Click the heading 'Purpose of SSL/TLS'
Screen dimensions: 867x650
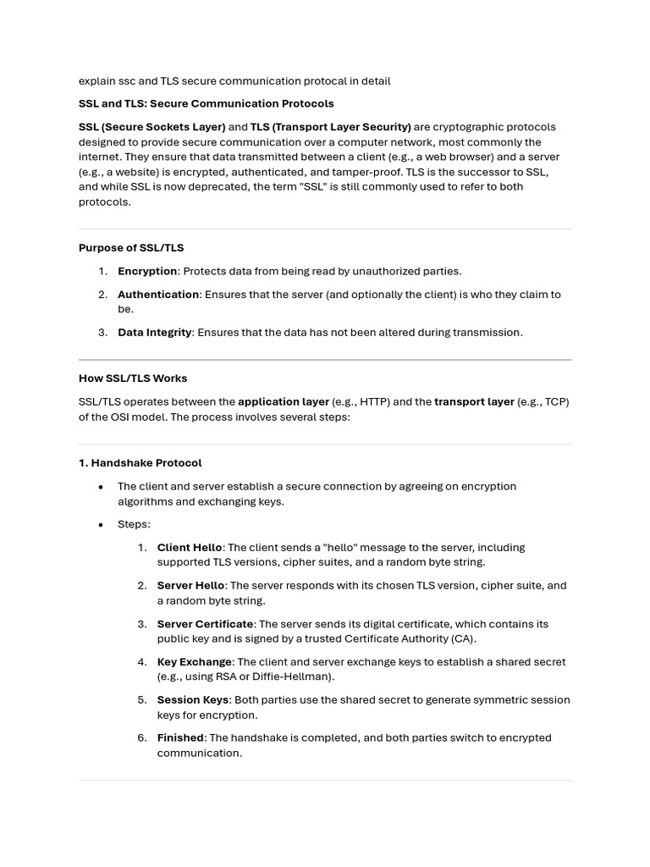(x=131, y=248)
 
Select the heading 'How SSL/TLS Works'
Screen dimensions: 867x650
(x=133, y=378)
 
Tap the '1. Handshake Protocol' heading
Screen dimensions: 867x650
(x=140, y=463)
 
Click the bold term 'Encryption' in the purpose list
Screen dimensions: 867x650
(x=147, y=272)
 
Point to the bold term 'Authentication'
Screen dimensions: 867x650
(x=158, y=295)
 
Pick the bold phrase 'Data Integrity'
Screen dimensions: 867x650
(x=155, y=333)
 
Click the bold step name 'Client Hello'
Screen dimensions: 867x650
(x=190, y=548)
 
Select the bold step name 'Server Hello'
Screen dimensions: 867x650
(x=190, y=586)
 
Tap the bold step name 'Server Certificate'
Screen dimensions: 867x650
(x=205, y=624)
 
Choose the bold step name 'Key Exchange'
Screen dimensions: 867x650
(x=194, y=662)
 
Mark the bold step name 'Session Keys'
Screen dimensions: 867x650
(x=193, y=700)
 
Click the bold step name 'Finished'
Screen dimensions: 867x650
(x=180, y=738)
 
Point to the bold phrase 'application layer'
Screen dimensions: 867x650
(x=284, y=402)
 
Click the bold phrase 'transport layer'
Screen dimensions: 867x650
(x=474, y=402)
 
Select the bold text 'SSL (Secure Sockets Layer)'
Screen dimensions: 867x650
(x=152, y=127)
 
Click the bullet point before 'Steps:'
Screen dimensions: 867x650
(x=101, y=525)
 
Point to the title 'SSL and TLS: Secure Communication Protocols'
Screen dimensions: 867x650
(x=207, y=104)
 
